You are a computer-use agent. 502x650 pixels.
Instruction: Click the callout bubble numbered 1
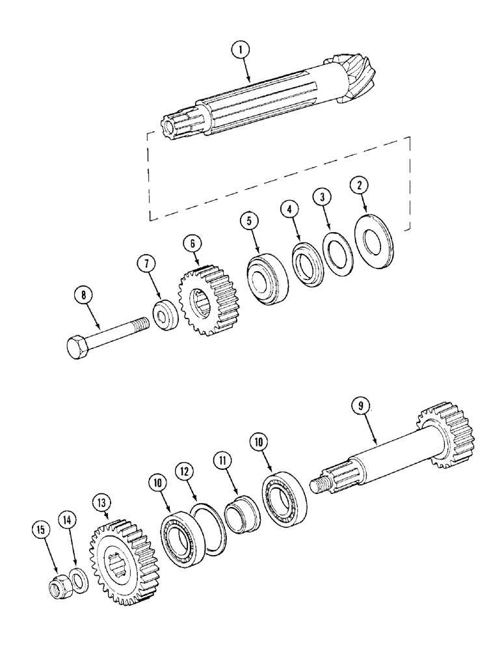pyautogui.click(x=241, y=49)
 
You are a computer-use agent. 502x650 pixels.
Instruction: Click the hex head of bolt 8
pyautogui.click(x=79, y=347)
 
